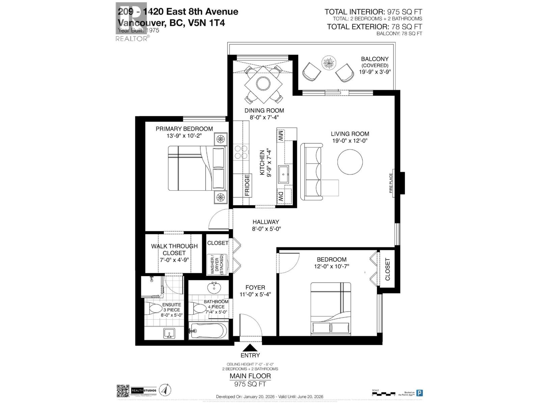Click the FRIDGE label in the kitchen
[x=247, y=185]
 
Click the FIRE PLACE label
[x=391, y=183]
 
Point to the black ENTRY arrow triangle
[x=250, y=348]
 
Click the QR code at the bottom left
[x=123, y=390]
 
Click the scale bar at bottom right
[x=383, y=393]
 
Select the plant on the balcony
[x=328, y=62]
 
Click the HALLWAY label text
[x=266, y=222]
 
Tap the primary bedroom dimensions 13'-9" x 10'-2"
[x=184, y=136]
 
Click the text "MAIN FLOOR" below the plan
[x=250, y=376]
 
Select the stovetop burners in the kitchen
[x=241, y=152]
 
